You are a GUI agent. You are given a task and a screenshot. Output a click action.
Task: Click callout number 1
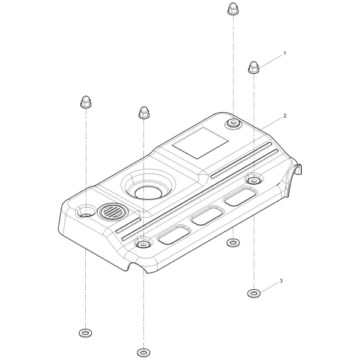click(285, 53)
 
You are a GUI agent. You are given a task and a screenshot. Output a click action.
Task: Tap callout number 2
click(285, 116)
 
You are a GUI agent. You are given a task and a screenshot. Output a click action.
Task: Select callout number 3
click(281, 281)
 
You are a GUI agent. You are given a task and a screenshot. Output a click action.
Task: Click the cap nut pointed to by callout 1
click(253, 67)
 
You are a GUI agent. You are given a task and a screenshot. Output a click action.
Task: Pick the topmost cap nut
click(233, 9)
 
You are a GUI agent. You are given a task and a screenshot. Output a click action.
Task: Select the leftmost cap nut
click(86, 101)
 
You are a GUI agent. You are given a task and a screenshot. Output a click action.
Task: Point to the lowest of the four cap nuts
click(144, 113)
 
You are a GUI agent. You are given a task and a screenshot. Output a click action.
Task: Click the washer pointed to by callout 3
click(253, 293)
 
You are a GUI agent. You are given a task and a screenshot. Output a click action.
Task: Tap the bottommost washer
click(143, 352)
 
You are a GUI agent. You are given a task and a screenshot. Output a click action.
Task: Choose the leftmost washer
click(85, 332)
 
